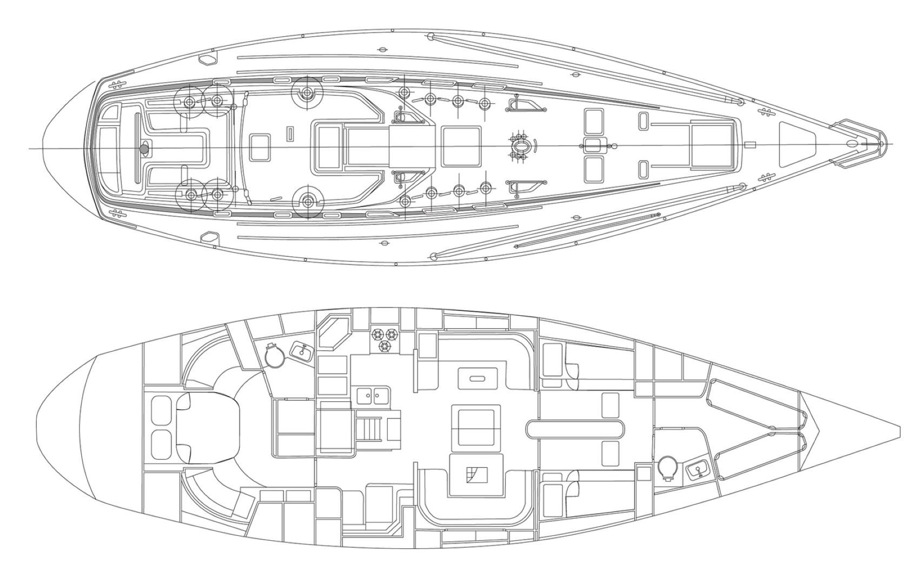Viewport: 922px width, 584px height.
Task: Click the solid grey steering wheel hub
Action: (144, 148)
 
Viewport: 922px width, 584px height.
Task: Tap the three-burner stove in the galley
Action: (384, 339)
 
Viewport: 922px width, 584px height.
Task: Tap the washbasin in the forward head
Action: (697, 470)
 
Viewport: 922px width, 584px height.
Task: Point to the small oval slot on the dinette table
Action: (477, 379)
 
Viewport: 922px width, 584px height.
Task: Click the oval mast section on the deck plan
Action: (521, 147)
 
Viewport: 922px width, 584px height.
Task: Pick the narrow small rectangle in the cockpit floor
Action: (290, 133)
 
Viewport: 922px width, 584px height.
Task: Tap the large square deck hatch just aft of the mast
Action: (461, 147)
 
